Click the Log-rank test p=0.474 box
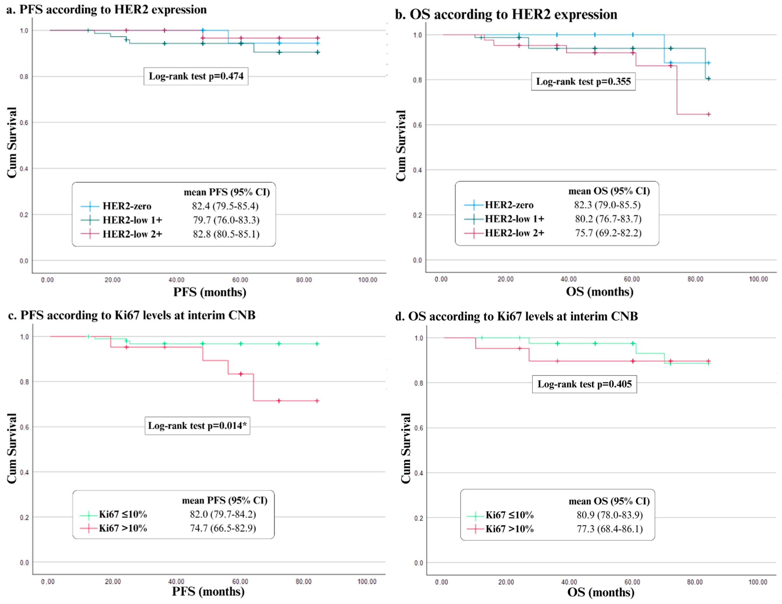point(196,76)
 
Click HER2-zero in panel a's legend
point(127,206)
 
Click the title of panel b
point(506,14)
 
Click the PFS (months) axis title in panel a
point(210,292)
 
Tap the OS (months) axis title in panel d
point(600,592)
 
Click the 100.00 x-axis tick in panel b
point(758,279)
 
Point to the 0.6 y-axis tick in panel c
point(24,427)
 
